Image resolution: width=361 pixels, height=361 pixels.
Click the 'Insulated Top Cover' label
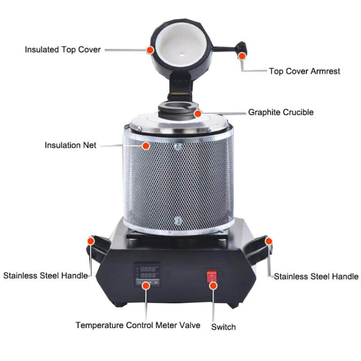pyautogui.click(x=63, y=49)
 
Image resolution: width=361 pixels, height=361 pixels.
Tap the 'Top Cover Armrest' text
pyautogui.click(x=304, y=71)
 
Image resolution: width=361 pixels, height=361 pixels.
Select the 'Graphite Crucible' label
pyautogui.click(x=281, y=112)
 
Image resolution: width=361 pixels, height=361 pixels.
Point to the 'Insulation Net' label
pyautogui.click(x=71, y=145)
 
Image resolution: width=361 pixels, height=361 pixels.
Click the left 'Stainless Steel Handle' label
pyautogui.click(x=46, y=275)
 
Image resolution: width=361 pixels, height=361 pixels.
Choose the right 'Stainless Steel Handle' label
pyautogui.click(x=316, y=276)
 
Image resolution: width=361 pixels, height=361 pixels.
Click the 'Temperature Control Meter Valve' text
pyautogui.click(x=138, y=325)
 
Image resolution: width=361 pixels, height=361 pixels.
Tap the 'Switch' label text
pyautogui.click(x=223, y=327)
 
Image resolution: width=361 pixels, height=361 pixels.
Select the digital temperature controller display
pyautogui.click(x=147, y=274)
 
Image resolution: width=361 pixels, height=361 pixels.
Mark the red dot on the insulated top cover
pyautogui.click(x=150, y=49)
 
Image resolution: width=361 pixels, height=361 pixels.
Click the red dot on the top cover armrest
pyautogui.click(x=242, y=56)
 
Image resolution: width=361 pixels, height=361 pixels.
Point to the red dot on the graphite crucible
pyautogui.click(x=198, y=113)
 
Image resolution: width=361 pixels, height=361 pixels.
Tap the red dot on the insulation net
pyautogui.click(x=146, y=146)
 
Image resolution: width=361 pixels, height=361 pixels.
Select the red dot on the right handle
pyautogui.click(x=269, y=241)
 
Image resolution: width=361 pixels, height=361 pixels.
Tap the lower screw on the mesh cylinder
pyautogui.click(x=177, y=220)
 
